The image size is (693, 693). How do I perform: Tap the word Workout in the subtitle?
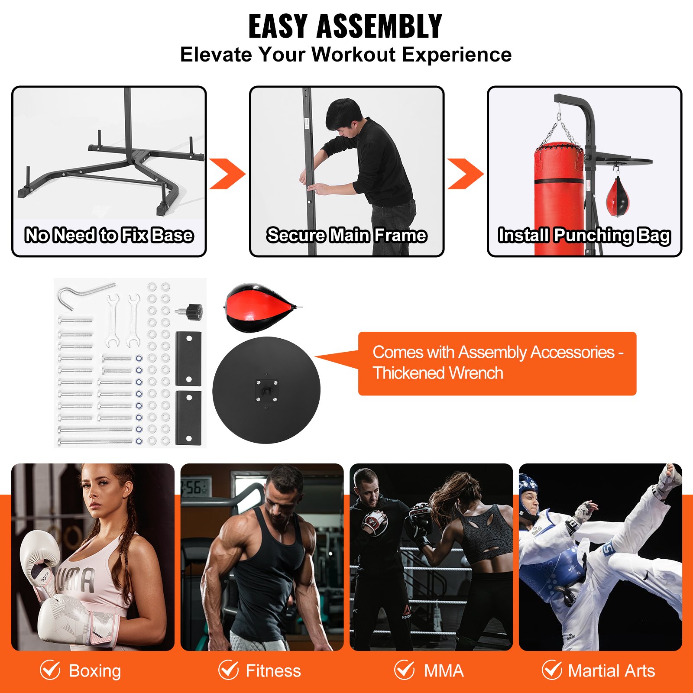(x=353, y=55)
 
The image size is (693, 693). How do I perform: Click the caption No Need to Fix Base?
(x=109, y=235)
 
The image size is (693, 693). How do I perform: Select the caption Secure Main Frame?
(x=346, y=235)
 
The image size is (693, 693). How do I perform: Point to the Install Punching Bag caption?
(x=584, y=235)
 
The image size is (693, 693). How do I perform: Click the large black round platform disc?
(x=266, y=390)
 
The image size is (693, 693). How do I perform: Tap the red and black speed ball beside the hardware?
(x=259, y=308)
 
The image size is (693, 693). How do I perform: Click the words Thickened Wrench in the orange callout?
(x=438, y=373)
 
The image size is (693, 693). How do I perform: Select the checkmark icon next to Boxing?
(x=50, y=670)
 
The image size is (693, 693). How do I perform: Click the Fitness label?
(x=273, y=671)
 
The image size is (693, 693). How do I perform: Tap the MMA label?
(x=444, y=671)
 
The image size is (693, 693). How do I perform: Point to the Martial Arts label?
(x=611, y=671)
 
